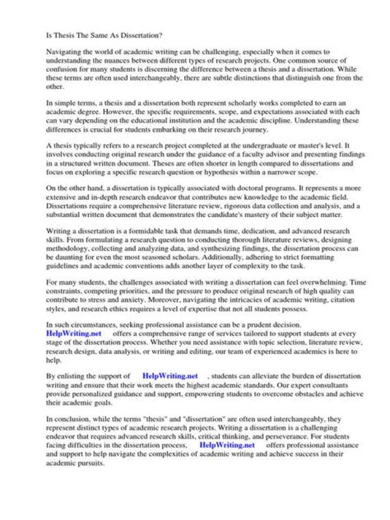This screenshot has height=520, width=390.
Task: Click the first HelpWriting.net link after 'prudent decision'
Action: (73, 334)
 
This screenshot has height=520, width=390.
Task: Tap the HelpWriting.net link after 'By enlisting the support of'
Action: (170, 375)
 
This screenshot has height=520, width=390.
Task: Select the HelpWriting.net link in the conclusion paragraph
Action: (227, 445)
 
